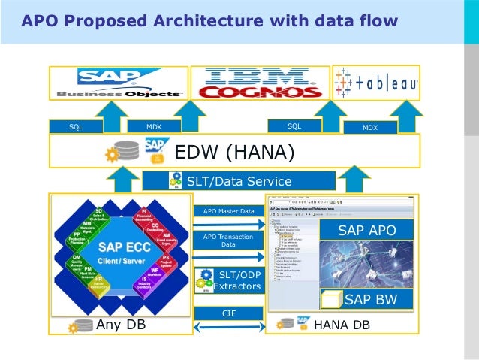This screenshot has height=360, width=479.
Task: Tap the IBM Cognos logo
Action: tap(259, 83)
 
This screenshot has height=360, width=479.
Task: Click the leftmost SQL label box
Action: tap(76, 127)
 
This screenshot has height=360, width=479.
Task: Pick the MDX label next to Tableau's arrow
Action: tap(370, 128)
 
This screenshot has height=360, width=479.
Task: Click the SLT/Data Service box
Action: tap(238, 180)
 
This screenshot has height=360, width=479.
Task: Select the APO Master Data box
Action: tap(228, 212)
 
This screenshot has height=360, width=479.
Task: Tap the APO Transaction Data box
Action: tap(228, 241)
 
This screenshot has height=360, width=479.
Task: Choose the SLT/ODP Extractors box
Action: tap(228, 279)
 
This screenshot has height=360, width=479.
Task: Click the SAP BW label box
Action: tap(368, 301)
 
